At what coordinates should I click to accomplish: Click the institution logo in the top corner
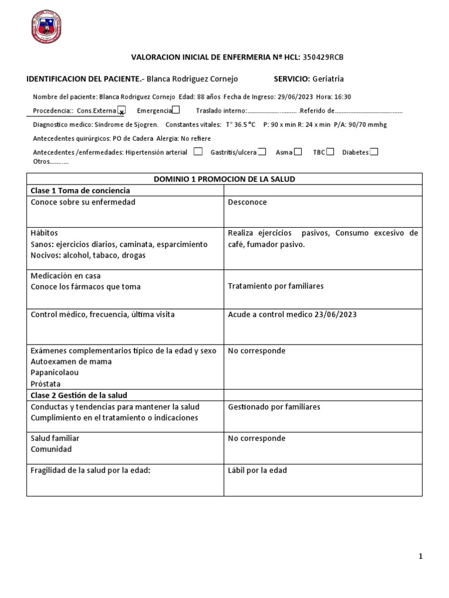[46, 27]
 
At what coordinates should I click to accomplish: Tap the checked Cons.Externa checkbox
[122, 110]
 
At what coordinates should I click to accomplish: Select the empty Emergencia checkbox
[176, 110]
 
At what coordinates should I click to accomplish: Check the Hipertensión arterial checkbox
[198, 152]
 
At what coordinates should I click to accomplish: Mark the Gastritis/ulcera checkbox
[262, 152]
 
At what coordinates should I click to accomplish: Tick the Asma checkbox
[298, 152]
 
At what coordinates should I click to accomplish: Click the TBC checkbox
[330, 152]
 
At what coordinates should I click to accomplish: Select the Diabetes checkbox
[374, 152]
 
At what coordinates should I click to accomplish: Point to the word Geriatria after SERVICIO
[328, 79]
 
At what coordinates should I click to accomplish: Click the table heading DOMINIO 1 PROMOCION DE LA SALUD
[224, 179]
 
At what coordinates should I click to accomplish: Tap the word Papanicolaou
[54, 373]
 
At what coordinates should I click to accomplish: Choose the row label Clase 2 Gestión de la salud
[78, 395]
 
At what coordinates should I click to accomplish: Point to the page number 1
[420, 557]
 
